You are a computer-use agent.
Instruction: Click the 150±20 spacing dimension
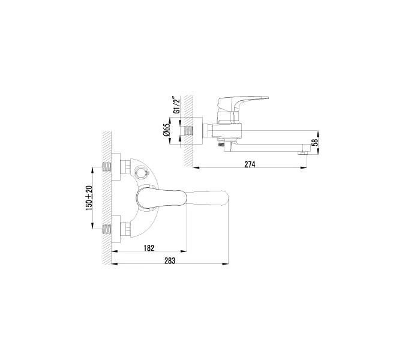click(x=89, y=197)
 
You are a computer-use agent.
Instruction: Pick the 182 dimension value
click(x=149, y=247)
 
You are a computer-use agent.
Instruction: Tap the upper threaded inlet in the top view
click(x=109, y=165)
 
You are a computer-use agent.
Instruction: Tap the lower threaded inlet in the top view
click(x=109, y=229)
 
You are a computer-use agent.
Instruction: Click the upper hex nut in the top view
click(x=127, y=165)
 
